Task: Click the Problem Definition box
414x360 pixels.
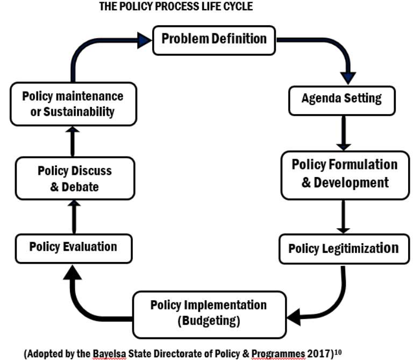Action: [x=214, y=39]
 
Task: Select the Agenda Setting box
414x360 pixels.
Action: [x=341, y=99]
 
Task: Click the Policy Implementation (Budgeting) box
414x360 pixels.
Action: [x=209, y=313]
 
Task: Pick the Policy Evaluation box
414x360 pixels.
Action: [x=73, y=248]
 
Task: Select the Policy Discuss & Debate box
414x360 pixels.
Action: [x=75, y=179]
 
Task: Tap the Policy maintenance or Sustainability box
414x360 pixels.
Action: [x=73, y=104]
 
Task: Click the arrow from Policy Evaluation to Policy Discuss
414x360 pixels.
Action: [x=74, y=216]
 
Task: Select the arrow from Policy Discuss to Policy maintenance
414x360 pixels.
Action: [x=74, y=140]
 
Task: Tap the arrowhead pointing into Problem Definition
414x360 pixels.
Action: [x=144, y=39]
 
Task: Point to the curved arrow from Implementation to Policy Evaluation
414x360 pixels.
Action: [x=81, y=301]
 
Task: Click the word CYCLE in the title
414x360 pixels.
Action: [x=237, y=7]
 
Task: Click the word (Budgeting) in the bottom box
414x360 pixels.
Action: [x=209, y=321]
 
